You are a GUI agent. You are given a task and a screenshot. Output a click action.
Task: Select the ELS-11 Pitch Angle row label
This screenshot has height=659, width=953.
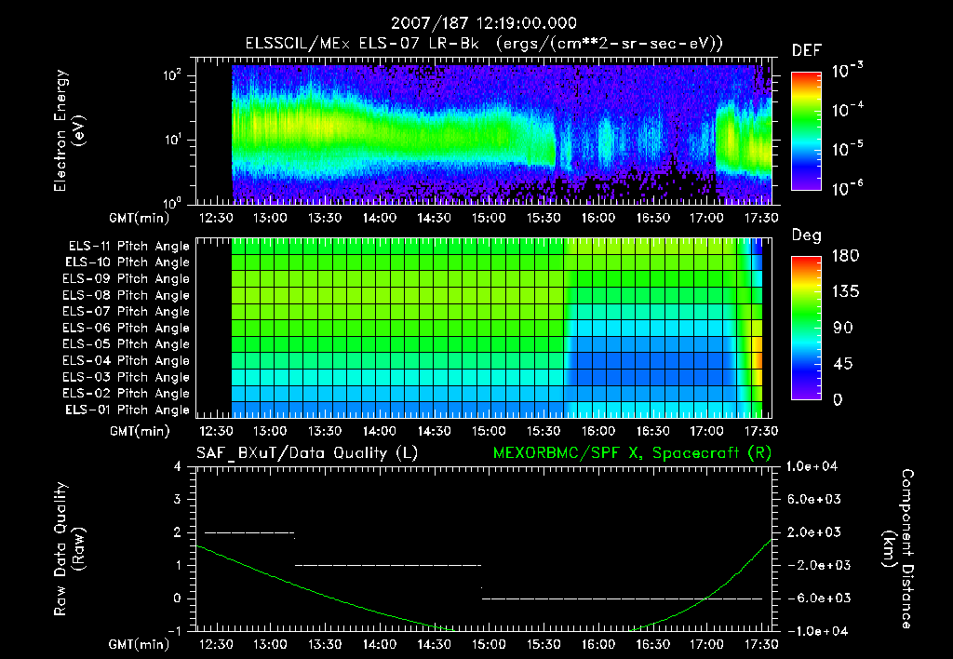coord(128,247)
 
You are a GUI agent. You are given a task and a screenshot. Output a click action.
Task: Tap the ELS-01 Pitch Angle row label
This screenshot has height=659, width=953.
coord(128,410)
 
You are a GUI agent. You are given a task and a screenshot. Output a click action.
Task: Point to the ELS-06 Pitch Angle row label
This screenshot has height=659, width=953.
coord(128,328)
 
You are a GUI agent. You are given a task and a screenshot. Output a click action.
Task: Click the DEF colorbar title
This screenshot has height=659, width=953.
coord(805,50)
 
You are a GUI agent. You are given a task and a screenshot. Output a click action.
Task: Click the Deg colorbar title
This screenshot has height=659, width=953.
coord(805,235)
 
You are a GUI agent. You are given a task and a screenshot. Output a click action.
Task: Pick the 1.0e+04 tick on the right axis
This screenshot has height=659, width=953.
coord(813,466)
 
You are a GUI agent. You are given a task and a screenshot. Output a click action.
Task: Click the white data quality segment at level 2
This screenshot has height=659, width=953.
coord(248,532)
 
